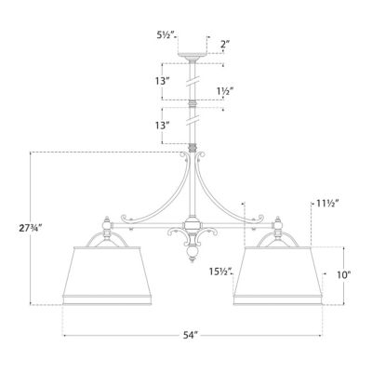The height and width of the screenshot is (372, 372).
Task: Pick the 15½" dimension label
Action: [220, 272]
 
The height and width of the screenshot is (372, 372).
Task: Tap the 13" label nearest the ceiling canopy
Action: [164, 81]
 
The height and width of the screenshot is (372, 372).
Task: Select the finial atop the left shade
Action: [105, 224]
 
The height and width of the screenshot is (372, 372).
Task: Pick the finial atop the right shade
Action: [276, 224]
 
